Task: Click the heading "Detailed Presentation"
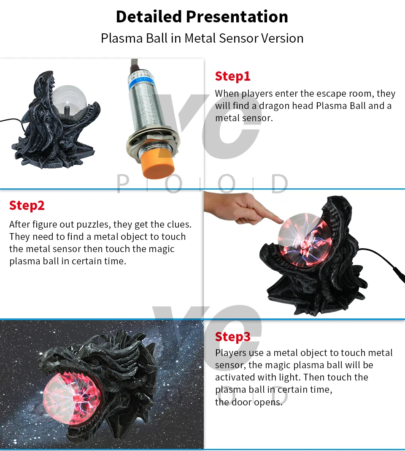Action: (x=202, y=17)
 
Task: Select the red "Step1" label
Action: (x=232, y=76)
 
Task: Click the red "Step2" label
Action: (x=27, y=205)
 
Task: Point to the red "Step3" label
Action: (x=232, y=337)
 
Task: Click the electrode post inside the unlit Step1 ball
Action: (x=67, y=110)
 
